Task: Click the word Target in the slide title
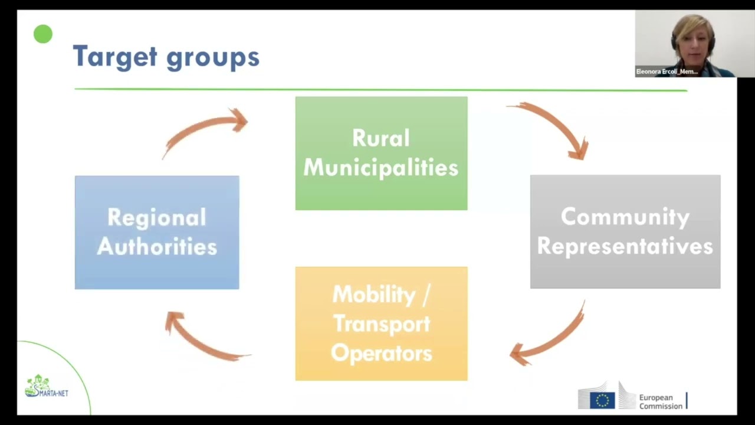point(115,57)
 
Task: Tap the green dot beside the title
point(43,34)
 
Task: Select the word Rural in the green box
point(380,138)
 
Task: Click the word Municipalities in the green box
point(380,168)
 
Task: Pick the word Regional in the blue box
point(157,217)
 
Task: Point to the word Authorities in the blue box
point(157,247)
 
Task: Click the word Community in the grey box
point(625,217)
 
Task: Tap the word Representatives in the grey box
point(625,246)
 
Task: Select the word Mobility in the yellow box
point(373,294)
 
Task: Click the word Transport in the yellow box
point(381,323)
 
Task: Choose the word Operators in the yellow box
point(381,353)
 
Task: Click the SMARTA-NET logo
point(47,387)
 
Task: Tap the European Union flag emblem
point(602,400)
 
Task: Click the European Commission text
point(660,401)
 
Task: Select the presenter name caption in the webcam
point(667,71)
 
